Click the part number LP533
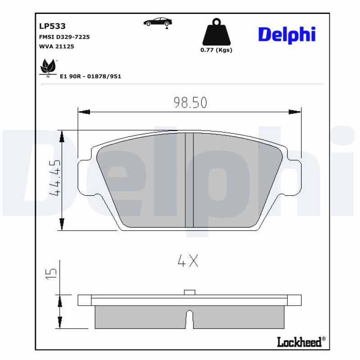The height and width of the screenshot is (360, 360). (53, 27)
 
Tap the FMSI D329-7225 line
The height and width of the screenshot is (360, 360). (65, 37)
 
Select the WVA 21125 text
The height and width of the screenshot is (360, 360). (57, 46)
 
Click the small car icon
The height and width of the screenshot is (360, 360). (157, 22)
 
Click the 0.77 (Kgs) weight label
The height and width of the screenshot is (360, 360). (216, 50)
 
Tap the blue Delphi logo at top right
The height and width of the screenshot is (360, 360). (287, 34)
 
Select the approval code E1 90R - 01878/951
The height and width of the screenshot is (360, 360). (90, 76)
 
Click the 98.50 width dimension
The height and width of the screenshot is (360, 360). (190, 103)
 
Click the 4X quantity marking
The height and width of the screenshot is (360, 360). (188, 261)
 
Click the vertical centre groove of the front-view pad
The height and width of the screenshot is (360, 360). (189, 180)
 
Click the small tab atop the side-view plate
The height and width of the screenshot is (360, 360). (189, 292)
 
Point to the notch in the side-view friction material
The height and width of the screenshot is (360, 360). (189, 319)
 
